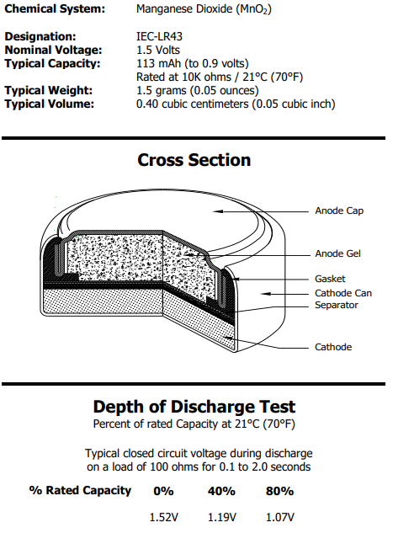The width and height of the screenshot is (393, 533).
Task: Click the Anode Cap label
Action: tap(339, 211)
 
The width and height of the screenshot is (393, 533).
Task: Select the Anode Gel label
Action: tap(337, 253)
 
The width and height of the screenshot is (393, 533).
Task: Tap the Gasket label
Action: tap(330, 279)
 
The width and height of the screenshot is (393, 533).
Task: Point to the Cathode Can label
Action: tap(343, 293)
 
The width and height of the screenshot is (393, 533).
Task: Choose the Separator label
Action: tap(337, 305)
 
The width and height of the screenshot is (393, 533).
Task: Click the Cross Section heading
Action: tap(194, 160)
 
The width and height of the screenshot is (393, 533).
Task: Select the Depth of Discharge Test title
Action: tap(194, 407)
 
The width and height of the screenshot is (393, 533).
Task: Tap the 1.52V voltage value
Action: tap(164, 517)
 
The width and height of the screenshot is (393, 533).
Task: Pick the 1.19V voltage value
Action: tap(222, 517)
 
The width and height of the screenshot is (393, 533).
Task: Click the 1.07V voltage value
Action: tap(280, 517)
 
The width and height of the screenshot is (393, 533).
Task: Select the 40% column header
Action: tap(221, 491)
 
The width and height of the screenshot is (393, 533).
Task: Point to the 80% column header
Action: tap(279, 491)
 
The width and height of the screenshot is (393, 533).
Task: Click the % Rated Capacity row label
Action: tap(80, 491)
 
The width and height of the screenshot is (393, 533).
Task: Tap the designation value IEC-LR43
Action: tap(159, 36)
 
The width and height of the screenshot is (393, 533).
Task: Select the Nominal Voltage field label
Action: tap(53, 50)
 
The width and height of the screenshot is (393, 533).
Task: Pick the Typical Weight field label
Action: tap(49, 90)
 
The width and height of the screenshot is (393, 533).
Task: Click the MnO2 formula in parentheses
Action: tap(254, 9)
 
